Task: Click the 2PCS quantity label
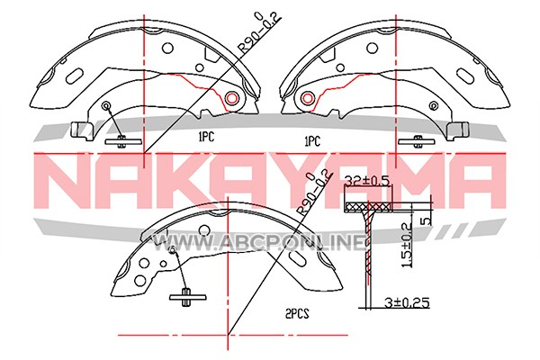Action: click(297, 314)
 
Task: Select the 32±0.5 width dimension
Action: click(368, 181)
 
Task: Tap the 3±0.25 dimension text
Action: click(407, 302)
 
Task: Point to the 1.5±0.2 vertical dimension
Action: click(407, 245)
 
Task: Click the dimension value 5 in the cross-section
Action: click(427, 220)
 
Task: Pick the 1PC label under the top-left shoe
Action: click(206, 137)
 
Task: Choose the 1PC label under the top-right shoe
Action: click(312, 141)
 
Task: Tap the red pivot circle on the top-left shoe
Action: click(231, 99)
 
